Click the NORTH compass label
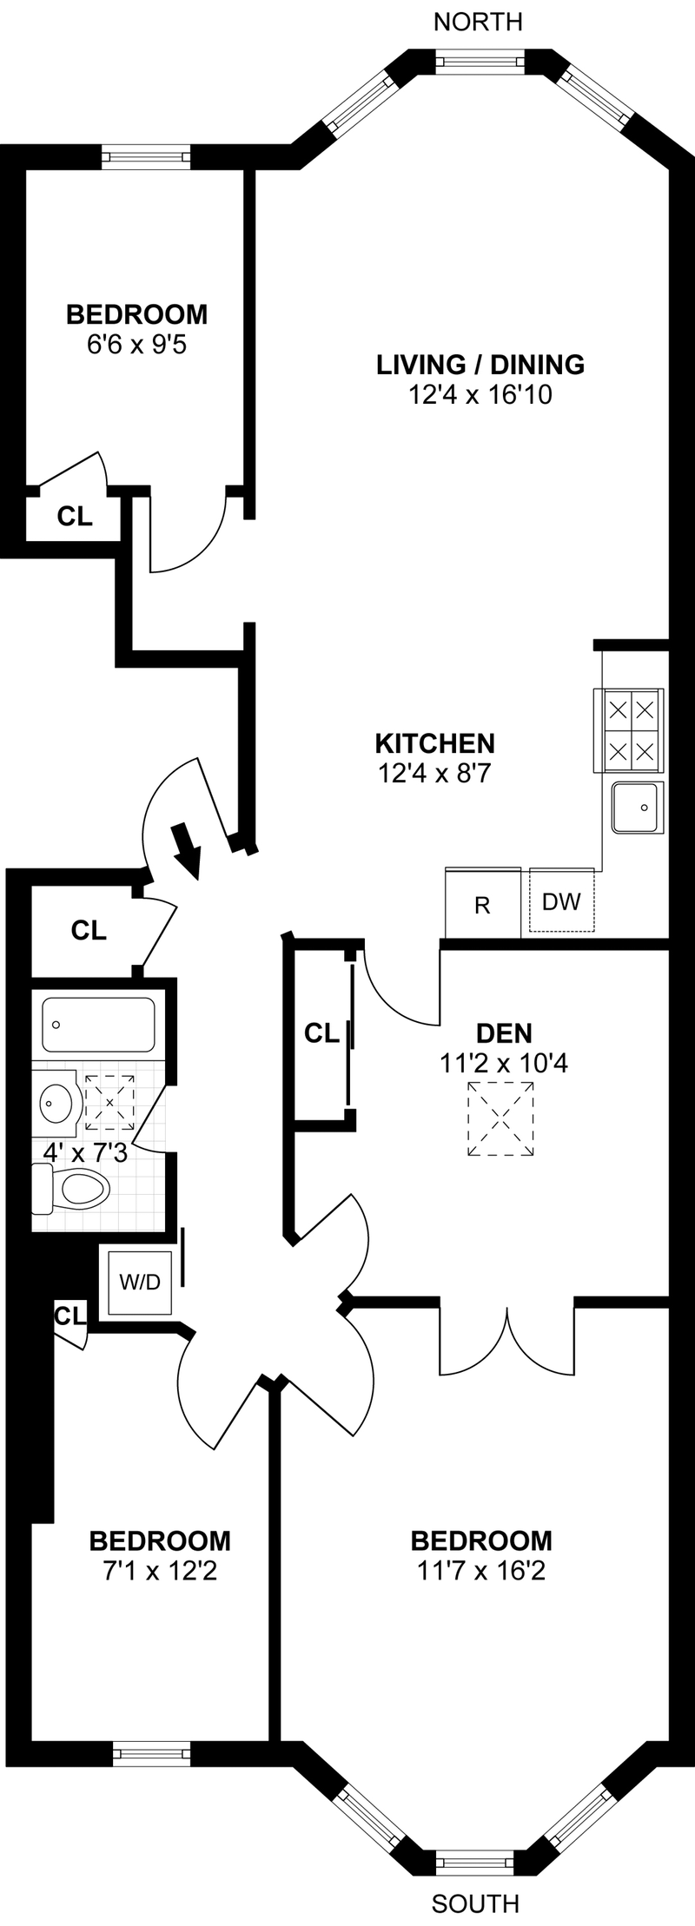(478, 22)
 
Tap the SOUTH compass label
(475, 1904)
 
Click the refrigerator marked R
(482, 905)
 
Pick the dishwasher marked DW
(561, 900)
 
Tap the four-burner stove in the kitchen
(630, 729)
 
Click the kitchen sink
(637, 808)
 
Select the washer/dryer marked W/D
(139, 1282)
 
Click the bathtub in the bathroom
(98, 1026)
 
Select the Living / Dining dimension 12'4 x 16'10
(480, 395)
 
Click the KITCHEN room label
(434, 743)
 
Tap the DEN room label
(504, 1033)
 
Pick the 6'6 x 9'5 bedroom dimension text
(137, 345)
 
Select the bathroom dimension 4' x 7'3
(85, 1153)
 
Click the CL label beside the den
(321, 1033)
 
